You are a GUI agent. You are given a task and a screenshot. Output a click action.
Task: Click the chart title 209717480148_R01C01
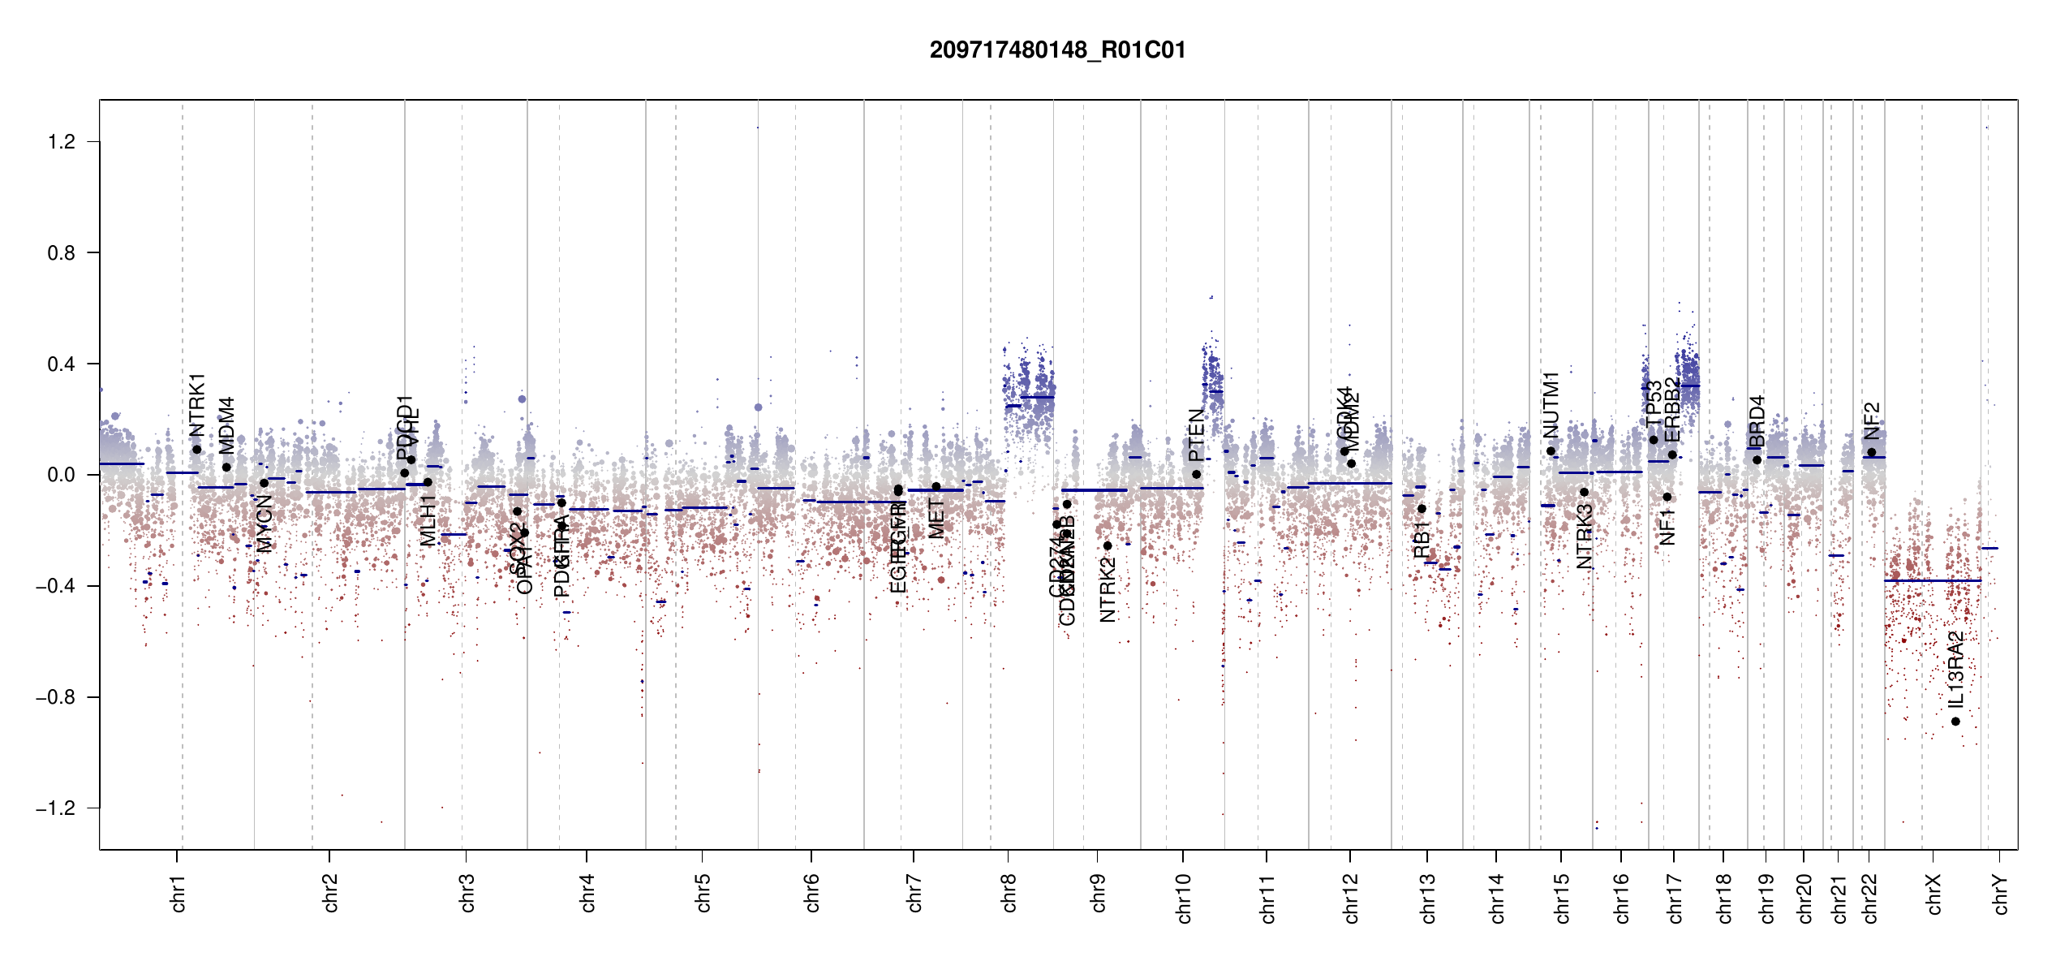(1057, 50)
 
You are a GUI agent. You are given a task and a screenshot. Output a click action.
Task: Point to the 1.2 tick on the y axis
(61, 142)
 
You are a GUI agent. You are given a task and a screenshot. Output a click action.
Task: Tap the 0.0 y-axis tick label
(61, 475)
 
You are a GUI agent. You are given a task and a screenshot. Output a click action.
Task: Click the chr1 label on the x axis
(179, 893)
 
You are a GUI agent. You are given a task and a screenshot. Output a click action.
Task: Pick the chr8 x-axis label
(1009, 893)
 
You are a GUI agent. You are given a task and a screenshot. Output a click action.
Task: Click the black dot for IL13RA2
(1955, 722)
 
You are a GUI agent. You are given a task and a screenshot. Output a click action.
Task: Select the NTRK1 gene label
(197, 405)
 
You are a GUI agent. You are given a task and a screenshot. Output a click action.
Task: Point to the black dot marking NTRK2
(1108, 545)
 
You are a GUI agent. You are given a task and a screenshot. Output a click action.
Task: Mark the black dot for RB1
(1422, 509)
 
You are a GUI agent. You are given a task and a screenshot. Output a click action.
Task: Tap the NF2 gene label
(1872, 420)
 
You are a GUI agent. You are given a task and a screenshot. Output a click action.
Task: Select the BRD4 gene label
(1757, 421)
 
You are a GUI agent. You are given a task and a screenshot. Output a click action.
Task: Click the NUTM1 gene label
(1551, 405)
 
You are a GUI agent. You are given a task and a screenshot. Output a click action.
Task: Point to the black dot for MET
(936, 487)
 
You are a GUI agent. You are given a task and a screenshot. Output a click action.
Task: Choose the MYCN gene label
(265, 524)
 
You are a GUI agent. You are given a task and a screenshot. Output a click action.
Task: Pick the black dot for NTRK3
(1584, 492)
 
